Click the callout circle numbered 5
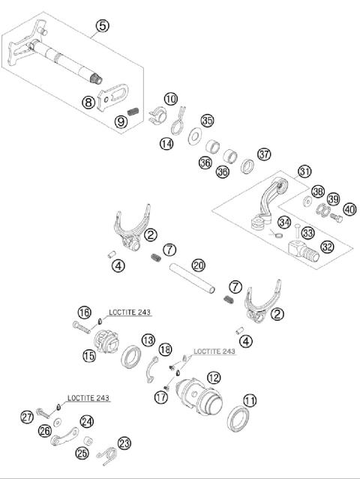point(103,26)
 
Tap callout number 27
point(27,417)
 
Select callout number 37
point(264,154)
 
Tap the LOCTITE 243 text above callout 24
point(88,399)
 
